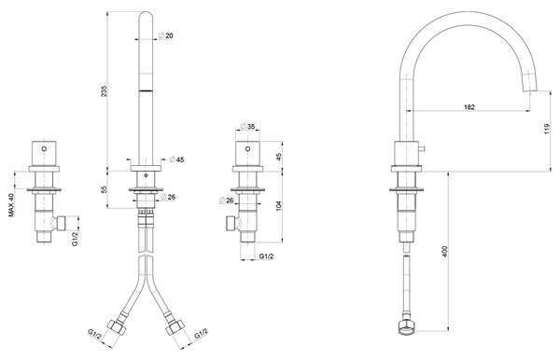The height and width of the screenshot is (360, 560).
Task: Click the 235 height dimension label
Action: coord(104,91)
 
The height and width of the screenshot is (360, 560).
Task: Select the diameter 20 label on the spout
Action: coord(166,35)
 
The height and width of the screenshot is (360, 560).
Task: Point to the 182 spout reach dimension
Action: coord(469,107)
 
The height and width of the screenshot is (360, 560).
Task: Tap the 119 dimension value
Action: coord(548,129)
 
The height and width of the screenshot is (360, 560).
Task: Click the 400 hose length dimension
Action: coord(444,252)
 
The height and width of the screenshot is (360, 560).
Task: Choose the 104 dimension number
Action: coord(279,206)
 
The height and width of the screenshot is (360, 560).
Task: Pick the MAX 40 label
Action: coord(11,205)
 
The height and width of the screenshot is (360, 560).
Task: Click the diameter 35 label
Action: coord(247,126)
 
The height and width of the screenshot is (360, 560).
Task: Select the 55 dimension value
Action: coord(104,190)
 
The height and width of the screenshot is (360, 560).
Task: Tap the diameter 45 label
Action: coord(176,159)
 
